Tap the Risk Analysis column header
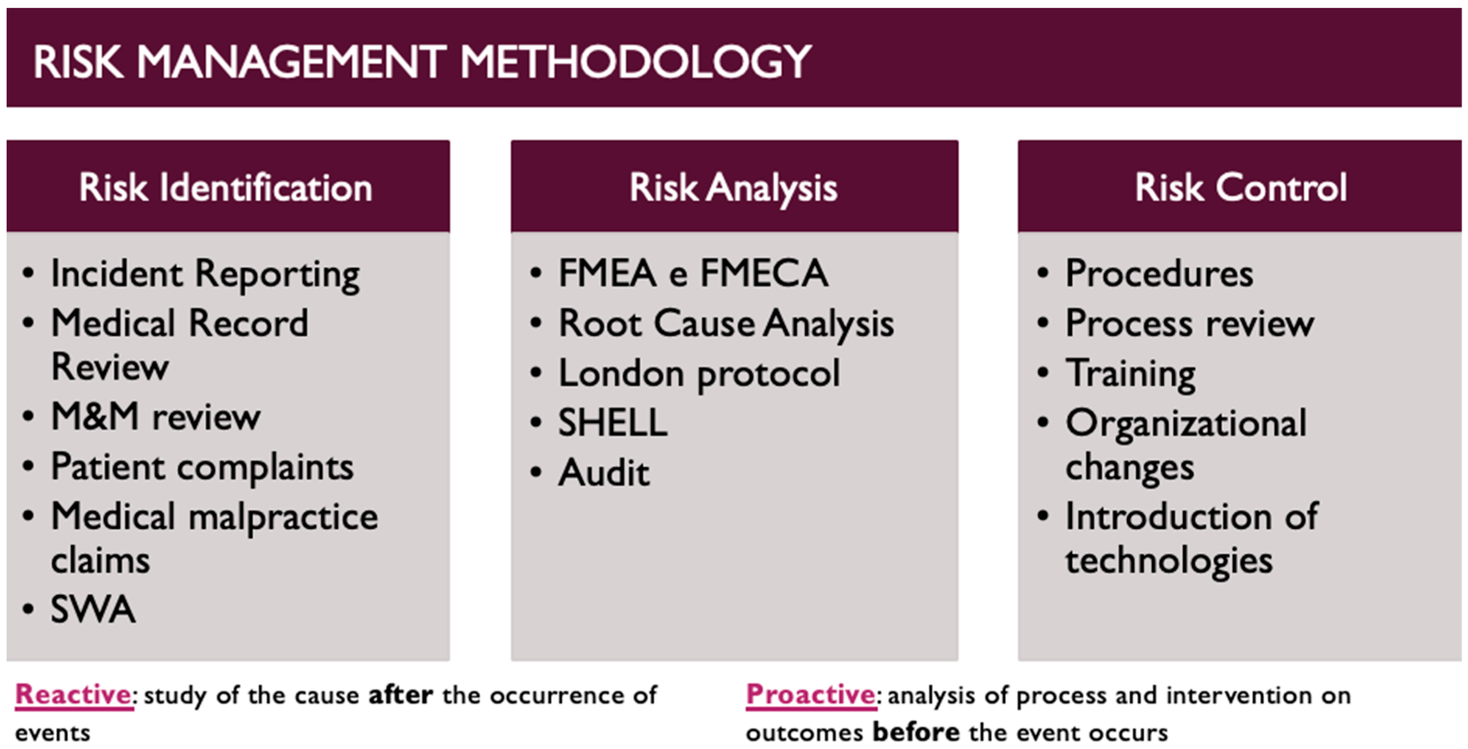pos(734,188)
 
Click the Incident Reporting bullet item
pos(205,275)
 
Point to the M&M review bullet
pos(156,416)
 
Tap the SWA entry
pos(93,609)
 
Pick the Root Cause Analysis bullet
pos(726,323)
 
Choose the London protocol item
pos(699,374)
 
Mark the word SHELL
pos(612,422)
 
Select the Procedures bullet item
pos(1159,273)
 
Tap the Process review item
pos(1190,323)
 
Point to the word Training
pos(1131,374)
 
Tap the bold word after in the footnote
pos(400,695)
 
